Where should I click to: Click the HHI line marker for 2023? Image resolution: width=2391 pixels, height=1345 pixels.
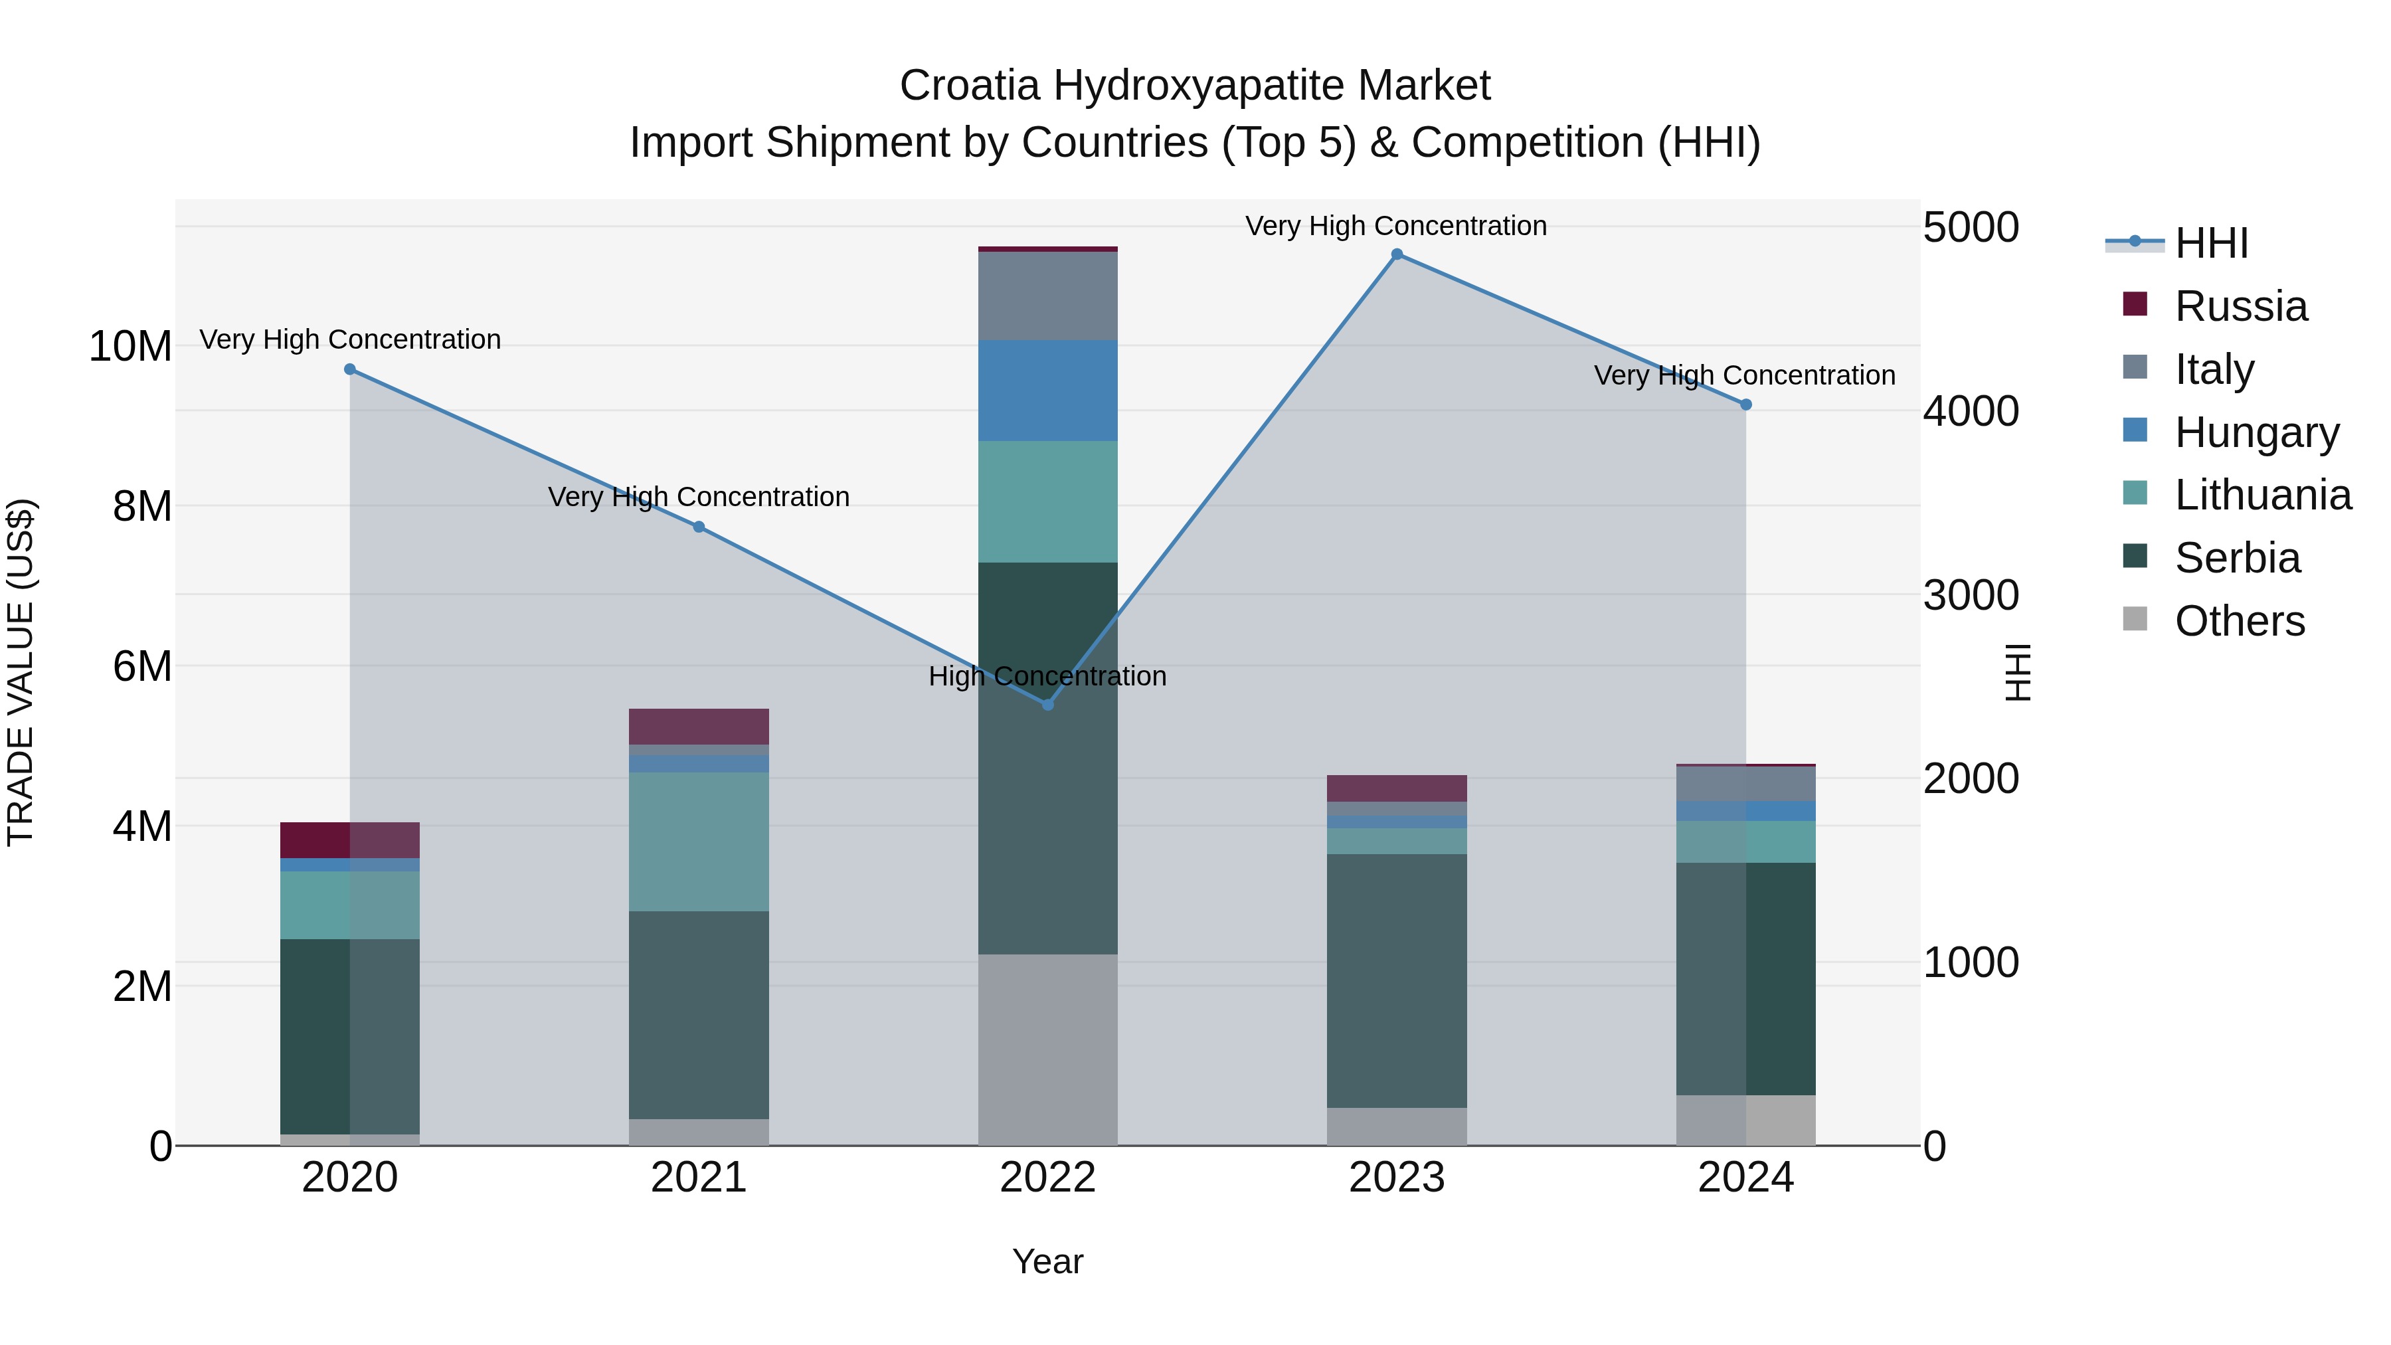tap(1396, 254)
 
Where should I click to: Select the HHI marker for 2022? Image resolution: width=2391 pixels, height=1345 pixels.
tap(1048, 705)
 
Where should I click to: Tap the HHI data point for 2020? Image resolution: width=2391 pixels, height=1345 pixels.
tap(350, 369)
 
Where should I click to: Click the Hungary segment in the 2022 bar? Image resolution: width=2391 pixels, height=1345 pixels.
tap(1048, 391)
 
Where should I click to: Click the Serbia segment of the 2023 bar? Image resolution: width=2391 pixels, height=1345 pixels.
tap(1396, 980)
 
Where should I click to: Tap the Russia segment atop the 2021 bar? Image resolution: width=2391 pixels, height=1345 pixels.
tap(699, 726)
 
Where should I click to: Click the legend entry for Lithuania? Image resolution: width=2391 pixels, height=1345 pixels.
tap(2262, 495)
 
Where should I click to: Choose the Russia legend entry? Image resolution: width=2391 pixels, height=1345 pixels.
tap(2240, 306)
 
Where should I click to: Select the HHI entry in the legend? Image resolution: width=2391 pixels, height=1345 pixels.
tap(2211, 243)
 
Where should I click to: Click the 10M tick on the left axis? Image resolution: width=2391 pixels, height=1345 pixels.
tap(130, 346)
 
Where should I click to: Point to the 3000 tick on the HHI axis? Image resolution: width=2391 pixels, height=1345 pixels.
tap(1970, 595)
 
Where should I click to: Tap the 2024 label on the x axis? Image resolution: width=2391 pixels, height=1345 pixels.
tap(1745, 1178)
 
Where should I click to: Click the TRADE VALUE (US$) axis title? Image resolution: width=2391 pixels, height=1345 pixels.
tap(21, 672)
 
